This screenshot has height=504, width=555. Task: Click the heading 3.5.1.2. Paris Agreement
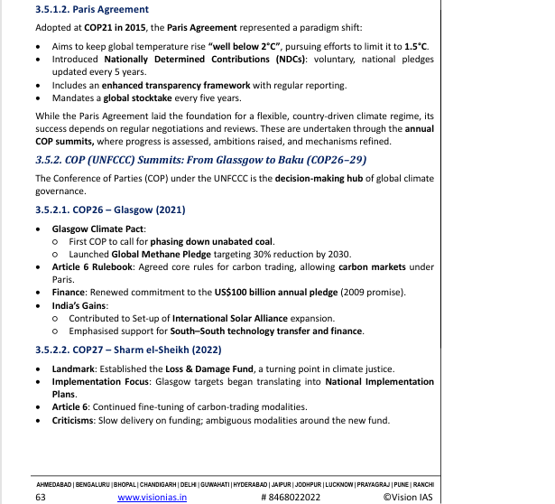click(86, 10)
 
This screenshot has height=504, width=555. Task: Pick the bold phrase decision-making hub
click(328, 179)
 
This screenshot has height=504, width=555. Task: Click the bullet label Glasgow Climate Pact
click(93, 229)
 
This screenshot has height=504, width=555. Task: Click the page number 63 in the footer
click(41, 497)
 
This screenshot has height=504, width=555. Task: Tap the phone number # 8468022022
click(290, 497)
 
